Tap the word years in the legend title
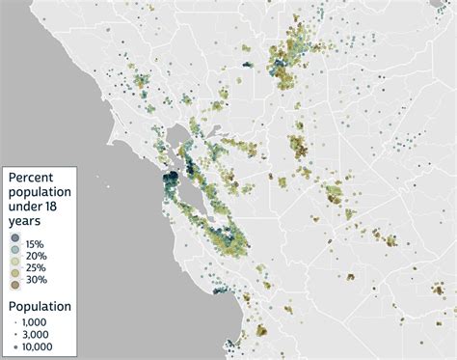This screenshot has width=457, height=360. pos(28,221)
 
